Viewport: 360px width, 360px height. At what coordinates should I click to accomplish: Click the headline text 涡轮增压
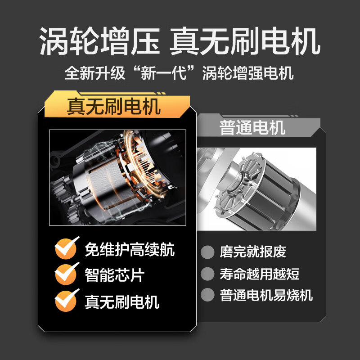99,41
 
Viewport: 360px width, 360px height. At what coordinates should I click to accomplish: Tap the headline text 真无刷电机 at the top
245,41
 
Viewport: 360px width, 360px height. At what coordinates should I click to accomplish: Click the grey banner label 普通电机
252,128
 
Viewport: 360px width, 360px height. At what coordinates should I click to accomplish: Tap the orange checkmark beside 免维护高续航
66,248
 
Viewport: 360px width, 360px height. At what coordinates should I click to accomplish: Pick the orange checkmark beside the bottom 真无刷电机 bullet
66,300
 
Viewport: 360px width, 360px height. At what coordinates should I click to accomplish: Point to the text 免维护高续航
130,249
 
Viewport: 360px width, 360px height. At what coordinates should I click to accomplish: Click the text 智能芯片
114,275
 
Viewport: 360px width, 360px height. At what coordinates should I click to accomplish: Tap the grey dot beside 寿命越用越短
207,274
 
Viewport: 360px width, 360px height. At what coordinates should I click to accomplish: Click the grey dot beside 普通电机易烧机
207,295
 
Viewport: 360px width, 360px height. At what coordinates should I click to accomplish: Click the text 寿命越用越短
260,274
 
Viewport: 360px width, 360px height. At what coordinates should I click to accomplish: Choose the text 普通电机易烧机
266,295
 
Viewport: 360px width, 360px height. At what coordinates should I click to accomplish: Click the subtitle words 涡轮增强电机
248,72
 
